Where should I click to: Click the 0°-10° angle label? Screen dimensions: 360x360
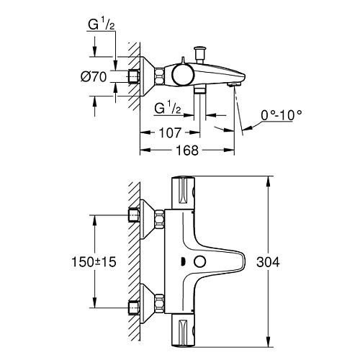tap(282, 114)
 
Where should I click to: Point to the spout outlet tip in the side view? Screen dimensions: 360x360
tap(234, 85)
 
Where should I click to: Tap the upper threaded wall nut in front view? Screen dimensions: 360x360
tap(134, 215)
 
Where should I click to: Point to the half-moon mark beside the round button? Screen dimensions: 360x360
tap(183, 261)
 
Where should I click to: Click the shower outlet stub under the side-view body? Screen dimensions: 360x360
tap(201, 91)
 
